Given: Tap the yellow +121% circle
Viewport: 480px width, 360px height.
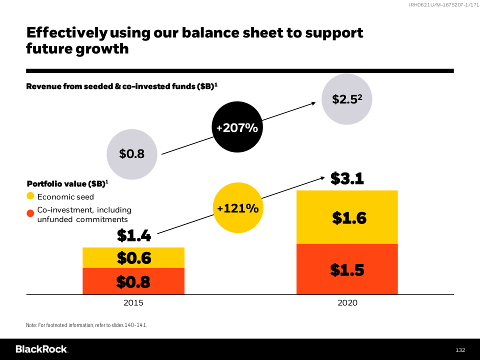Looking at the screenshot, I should pos(237,208).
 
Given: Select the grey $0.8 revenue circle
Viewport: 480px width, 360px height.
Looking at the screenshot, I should pos(132,154).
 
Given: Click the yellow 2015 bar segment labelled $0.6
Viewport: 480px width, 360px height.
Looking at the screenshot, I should pos(133,258).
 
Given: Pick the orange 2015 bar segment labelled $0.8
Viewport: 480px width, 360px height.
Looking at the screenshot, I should pos(133,281).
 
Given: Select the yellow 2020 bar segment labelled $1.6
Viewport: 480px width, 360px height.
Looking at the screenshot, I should pos(347,217).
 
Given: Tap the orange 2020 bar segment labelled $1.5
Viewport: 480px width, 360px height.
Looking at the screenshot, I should pos(347,269).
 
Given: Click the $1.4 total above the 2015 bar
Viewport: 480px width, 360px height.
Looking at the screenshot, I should pos(133,235).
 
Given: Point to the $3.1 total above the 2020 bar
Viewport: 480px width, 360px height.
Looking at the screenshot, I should pos(347,178).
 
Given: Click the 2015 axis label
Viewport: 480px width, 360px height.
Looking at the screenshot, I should pos(133,302).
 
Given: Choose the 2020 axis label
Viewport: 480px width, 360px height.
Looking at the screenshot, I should pos(347,302).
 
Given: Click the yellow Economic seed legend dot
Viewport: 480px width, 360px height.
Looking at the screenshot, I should pos(30,196).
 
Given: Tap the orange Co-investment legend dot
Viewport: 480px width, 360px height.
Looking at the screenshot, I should pos(30,213).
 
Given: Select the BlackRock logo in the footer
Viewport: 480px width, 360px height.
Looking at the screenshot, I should pos(41,349).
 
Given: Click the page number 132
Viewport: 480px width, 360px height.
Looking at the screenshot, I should pos(460,349).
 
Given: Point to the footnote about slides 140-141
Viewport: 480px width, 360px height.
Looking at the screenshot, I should pos(86,325).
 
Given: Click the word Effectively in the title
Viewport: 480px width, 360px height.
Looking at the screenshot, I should pos(66,33).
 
